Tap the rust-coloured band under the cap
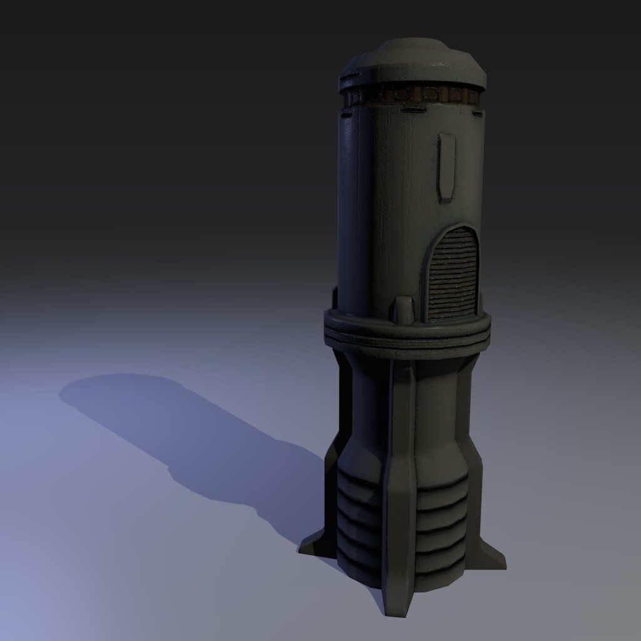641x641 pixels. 413,96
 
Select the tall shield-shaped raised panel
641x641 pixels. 446,166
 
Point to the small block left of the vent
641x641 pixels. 405,310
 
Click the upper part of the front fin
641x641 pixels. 401,407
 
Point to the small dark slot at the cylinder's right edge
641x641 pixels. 479,113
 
